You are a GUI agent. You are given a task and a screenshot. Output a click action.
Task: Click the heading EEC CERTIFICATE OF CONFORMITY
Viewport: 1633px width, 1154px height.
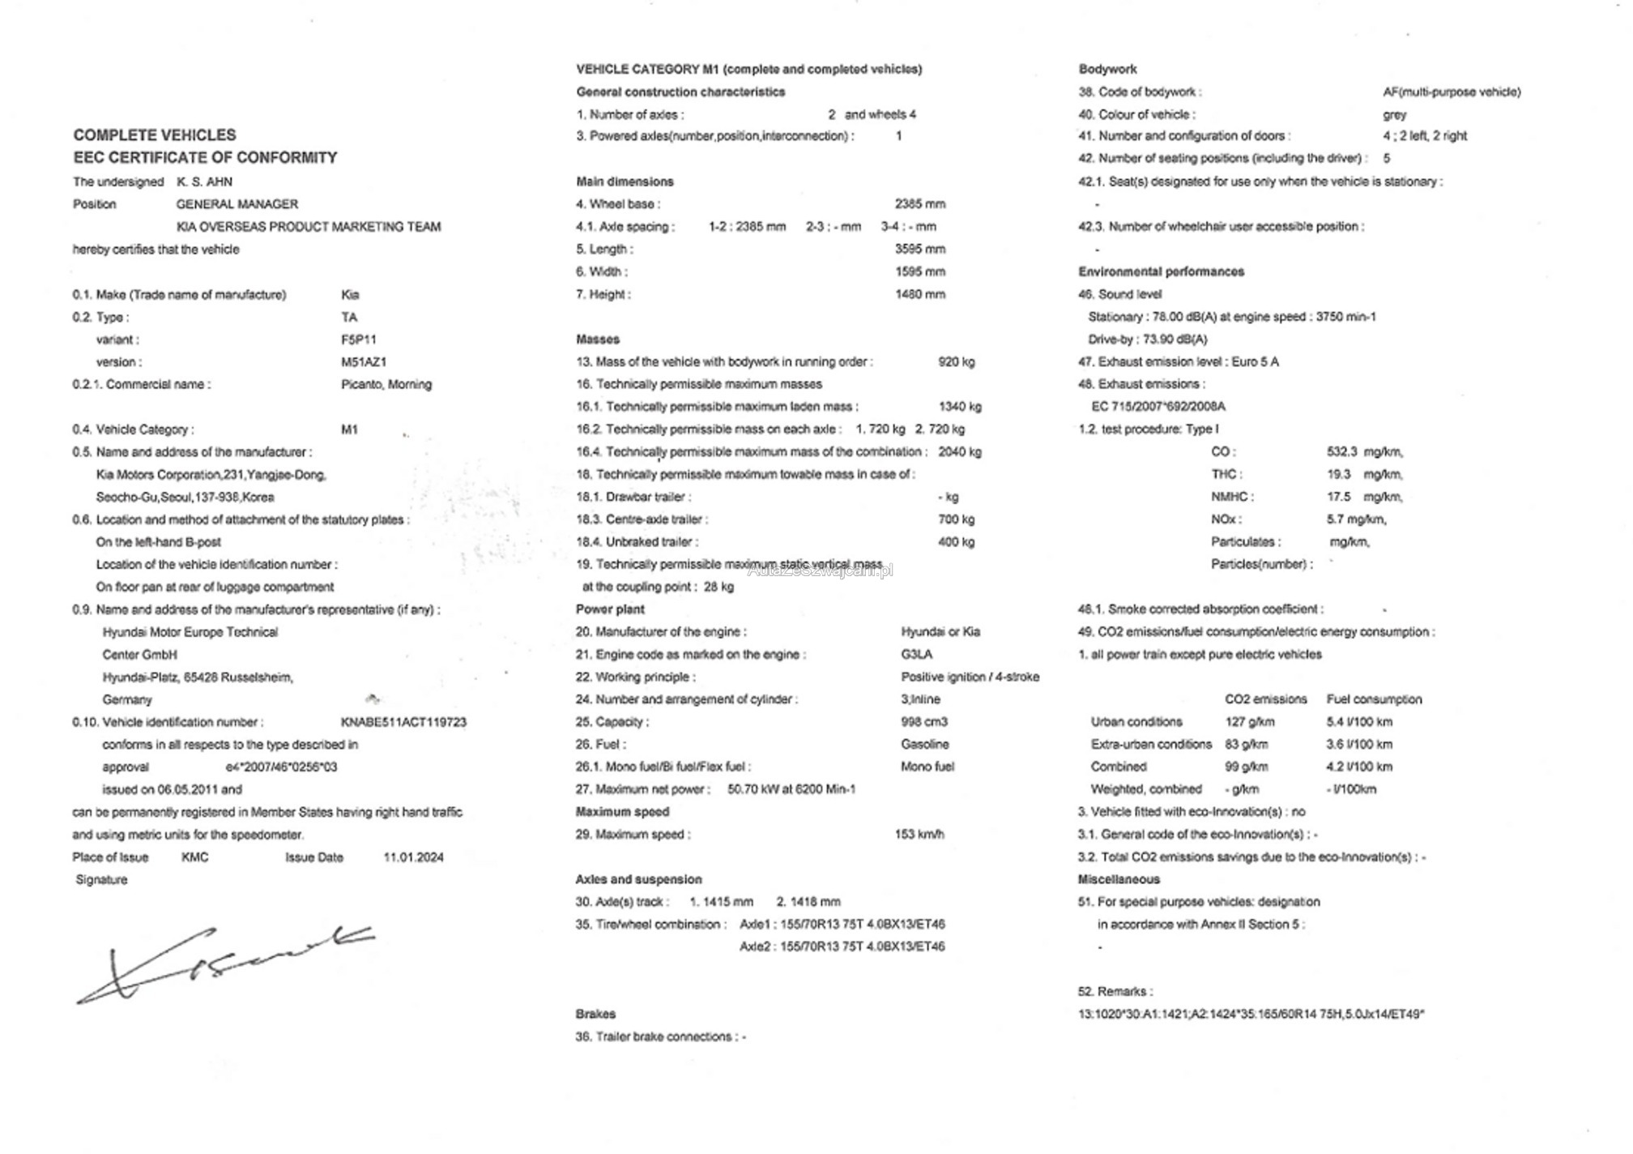click(x=205, y=157)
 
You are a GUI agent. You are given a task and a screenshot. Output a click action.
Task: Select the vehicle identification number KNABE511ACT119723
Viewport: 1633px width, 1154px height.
click(x=403, y=722)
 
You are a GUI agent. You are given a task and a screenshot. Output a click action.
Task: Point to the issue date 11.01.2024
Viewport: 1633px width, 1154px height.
click(x=413, y=857)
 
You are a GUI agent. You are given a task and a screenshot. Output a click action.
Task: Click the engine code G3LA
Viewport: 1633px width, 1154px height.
click(x=916, y=654)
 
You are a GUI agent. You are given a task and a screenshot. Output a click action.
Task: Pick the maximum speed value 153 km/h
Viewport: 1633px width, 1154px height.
click(x=919, y=834)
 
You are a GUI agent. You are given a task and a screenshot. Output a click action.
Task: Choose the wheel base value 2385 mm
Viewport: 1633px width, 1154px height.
click(x=919, y=204)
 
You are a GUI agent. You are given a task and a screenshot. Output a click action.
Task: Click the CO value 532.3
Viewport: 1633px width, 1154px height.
click(x=1341, y=451)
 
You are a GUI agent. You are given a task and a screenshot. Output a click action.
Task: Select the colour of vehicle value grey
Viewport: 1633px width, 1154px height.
click(x=1394, y=114)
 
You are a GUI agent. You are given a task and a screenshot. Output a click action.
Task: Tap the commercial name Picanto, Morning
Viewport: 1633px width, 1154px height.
click(x=386, y=384)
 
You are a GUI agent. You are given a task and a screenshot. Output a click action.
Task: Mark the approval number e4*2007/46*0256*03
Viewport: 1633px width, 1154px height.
click(x=281, y=767)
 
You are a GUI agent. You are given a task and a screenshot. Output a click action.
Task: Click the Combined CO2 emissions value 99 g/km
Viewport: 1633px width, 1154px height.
click(x=1246, y=767)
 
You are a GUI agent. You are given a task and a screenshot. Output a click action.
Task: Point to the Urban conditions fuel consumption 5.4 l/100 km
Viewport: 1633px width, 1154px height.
click(x=1359, y=721)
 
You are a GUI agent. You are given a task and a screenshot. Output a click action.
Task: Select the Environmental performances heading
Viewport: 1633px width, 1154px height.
click(x=1161, y=271)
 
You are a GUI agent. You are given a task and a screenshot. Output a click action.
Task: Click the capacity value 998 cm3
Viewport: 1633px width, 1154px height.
click(x=923, y=721)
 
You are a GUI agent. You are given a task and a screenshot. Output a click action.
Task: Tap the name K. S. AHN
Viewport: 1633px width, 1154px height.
click(x=204, y=182)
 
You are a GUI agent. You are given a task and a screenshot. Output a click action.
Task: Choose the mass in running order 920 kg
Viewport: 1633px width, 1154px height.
click(x=956, y=361)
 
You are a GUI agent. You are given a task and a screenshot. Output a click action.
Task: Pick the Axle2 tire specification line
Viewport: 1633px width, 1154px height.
click(x=842, y=947)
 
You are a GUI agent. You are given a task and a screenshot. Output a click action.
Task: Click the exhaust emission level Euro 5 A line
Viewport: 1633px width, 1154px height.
click(x=1178, y=361)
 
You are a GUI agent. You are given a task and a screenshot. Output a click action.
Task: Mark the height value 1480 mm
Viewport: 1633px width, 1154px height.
click(x=919, y=294)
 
